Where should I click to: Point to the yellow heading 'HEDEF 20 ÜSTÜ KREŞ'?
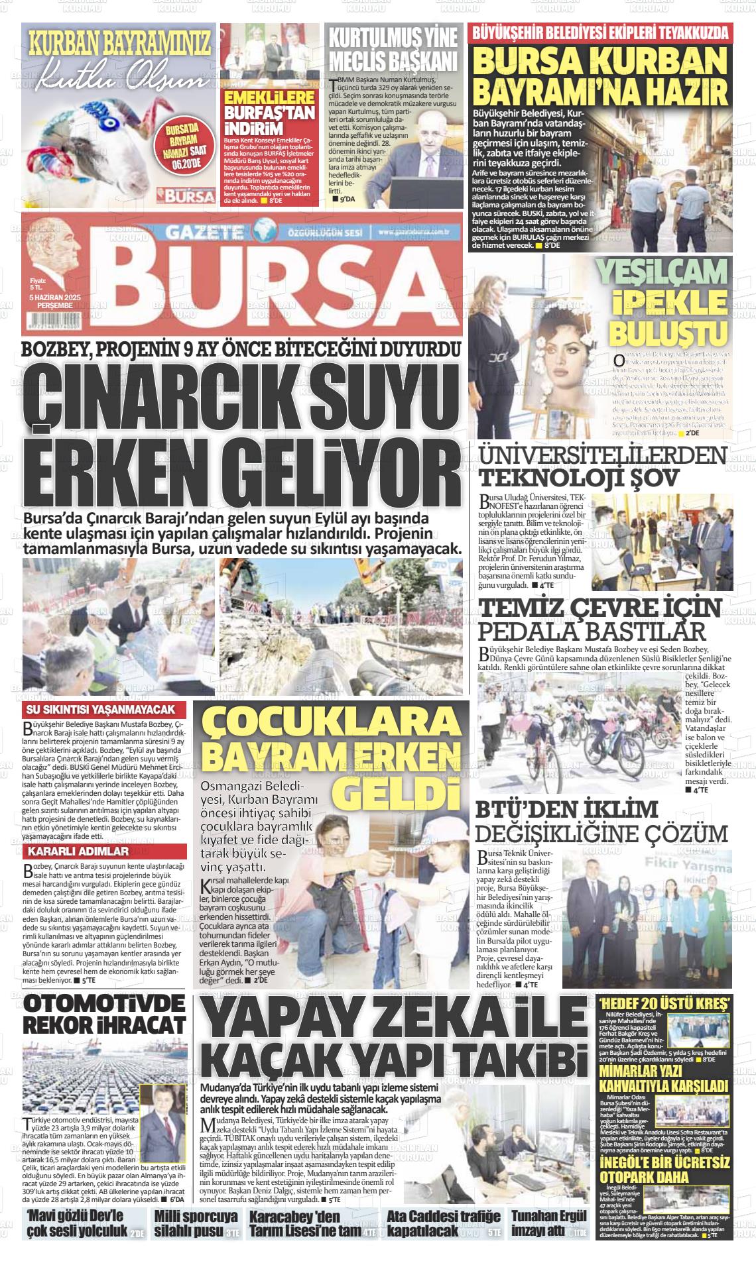665,1001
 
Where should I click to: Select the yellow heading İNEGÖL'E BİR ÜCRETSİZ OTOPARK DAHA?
665,1170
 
